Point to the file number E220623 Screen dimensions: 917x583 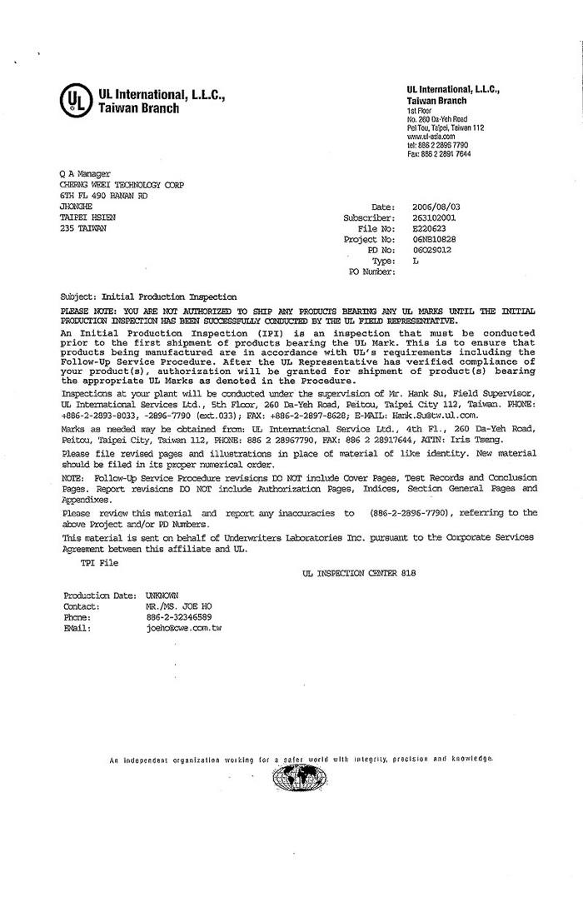[x=429, y=227]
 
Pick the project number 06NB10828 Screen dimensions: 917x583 [x=434, y=238]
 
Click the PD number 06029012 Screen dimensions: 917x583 [x=431, y=249]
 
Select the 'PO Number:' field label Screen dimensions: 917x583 [x=371, y=272]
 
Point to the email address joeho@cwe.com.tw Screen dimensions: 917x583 [x=183, y=628]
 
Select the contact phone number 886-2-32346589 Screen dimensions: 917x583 [x=178, y=617]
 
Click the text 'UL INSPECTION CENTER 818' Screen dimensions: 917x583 [x=360, y=574]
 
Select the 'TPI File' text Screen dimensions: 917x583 [x=99, y=563]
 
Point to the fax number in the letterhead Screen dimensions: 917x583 [x=439, y=154]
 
